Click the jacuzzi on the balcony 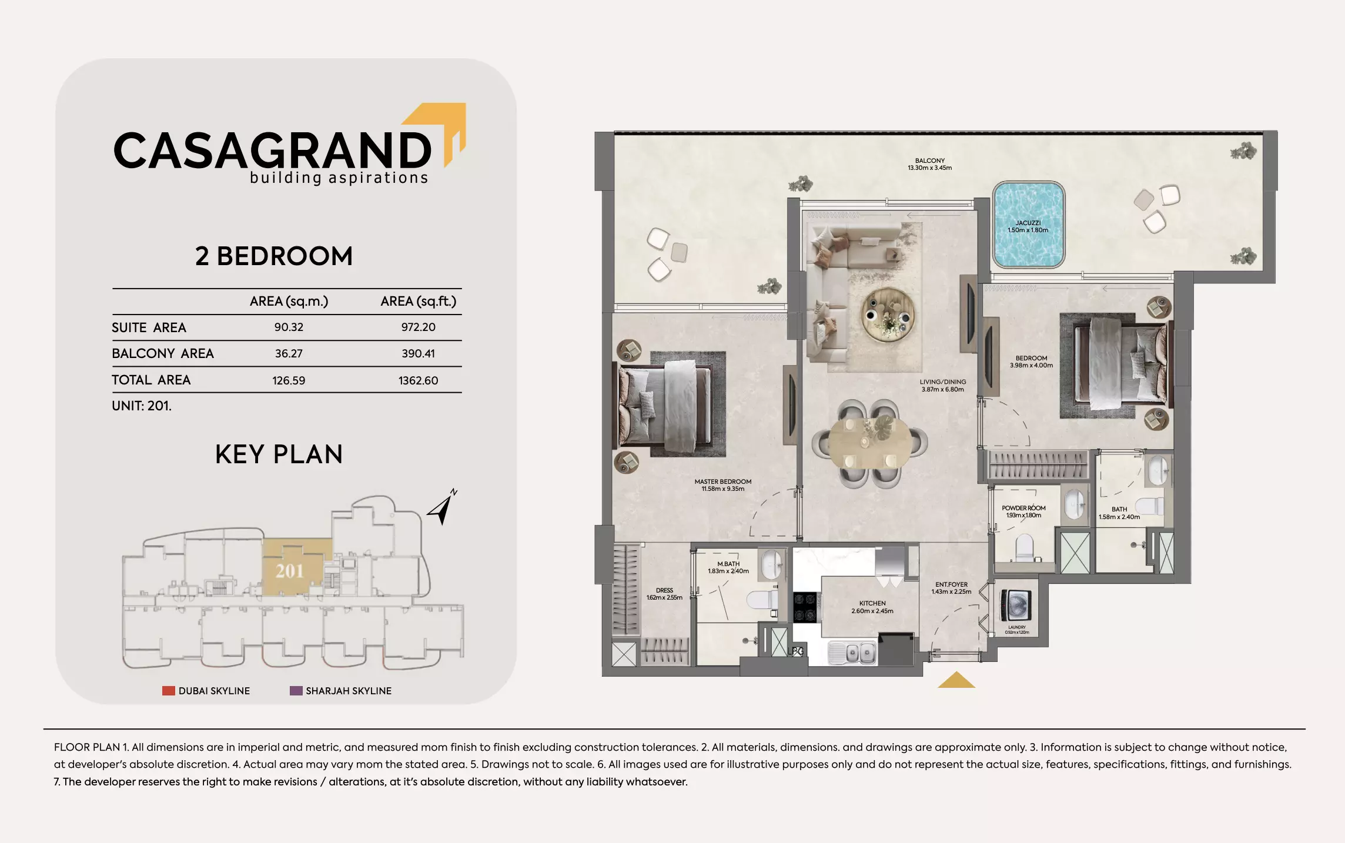(x=1028, y=225)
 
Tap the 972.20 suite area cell (x=418, y=327)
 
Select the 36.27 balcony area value (x=289, y=354)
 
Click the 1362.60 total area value (x=418, y=380)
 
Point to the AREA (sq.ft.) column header (x=418, y=302)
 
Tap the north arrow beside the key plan (x=443, y=508)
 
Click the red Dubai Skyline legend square (x=169, y=691)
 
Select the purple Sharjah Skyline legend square (x=296, y=691)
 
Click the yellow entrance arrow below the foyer (x=956, y=680)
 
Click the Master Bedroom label (x=722, y=485)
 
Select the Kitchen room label (x=872, y=607)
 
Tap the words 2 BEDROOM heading (x=274, y=256)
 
